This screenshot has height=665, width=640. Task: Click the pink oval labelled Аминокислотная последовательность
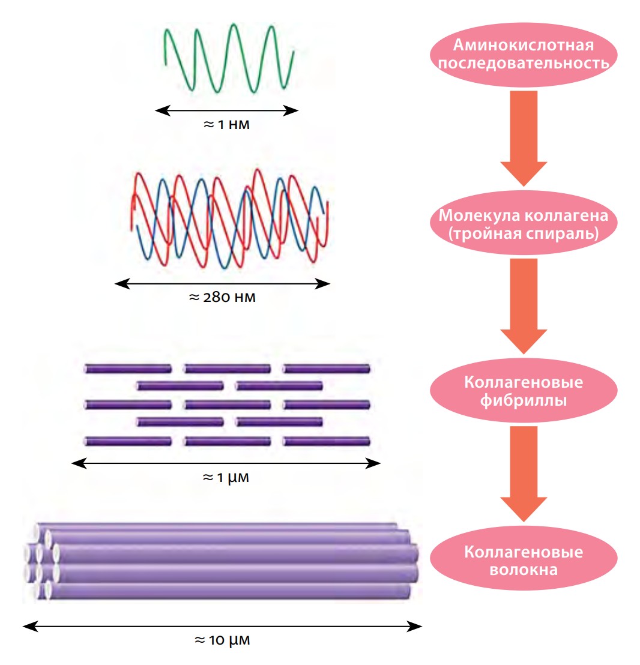pos(524,55)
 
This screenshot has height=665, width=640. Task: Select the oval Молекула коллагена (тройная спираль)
pos(524,223)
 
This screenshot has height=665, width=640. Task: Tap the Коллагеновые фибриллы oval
pos(524,390)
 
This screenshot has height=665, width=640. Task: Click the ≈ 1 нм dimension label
pos(226,125)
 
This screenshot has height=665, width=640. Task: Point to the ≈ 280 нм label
pos(222,297)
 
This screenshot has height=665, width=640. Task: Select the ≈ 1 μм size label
pos(226,478)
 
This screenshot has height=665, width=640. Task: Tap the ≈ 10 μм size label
pos(222,640)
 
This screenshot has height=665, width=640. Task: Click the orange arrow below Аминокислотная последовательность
pos(524,138)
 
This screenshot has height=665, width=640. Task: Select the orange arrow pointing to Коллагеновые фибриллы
pos(524,306)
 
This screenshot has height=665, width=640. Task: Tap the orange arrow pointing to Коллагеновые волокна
pos(524,474)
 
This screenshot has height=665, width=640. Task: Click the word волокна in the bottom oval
pos(524,570)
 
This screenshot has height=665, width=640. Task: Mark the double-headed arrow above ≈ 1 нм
pos(226,110)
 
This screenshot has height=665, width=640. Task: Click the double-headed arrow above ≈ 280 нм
pos(222,284)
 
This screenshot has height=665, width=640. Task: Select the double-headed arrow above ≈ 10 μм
pos(222,627)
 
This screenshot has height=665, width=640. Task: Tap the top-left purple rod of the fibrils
pos(128,369)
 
